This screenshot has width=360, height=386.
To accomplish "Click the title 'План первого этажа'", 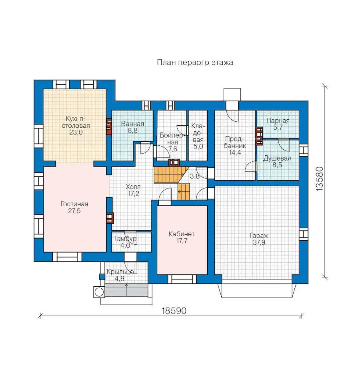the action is point(195,62).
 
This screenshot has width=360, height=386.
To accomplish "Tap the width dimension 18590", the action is point(174,311).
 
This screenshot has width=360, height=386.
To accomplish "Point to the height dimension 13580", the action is point(320,179).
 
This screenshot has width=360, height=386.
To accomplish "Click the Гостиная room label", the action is point(74,204).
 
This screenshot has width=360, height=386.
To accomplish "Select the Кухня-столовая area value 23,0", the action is point(76,133).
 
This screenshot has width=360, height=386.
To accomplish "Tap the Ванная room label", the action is point(132,124).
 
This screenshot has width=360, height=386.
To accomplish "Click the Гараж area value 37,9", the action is point(259,243).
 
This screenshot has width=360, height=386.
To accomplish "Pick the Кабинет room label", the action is point(182,234).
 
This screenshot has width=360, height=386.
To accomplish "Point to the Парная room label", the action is point(278,121).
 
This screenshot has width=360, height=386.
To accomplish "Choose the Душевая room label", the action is point(277,158).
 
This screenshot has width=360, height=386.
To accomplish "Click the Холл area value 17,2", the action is point(134,193).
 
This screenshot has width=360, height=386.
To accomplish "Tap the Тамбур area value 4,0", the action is point(125,245).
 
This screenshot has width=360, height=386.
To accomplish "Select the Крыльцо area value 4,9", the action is point(120,279).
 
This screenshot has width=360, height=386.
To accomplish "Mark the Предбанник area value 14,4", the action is point(235,153).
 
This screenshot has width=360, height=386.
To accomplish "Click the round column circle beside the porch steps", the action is point(99,292).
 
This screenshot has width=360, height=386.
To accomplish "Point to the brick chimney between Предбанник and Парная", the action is point(259,136).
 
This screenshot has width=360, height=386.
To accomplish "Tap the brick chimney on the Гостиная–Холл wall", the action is point(110,217).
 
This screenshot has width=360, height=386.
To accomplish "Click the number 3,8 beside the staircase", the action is point(194,176).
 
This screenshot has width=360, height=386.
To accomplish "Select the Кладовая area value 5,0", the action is point(198,147).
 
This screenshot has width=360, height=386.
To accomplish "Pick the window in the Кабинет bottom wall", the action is point(182,279).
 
